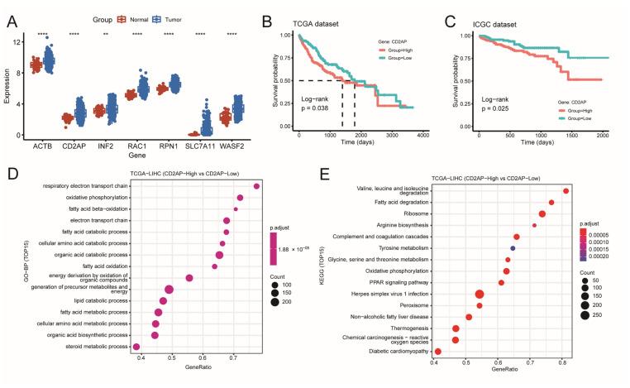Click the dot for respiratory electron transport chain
coord(257,186)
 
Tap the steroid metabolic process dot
coord(136,346)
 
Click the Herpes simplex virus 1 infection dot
coord(480,294)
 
